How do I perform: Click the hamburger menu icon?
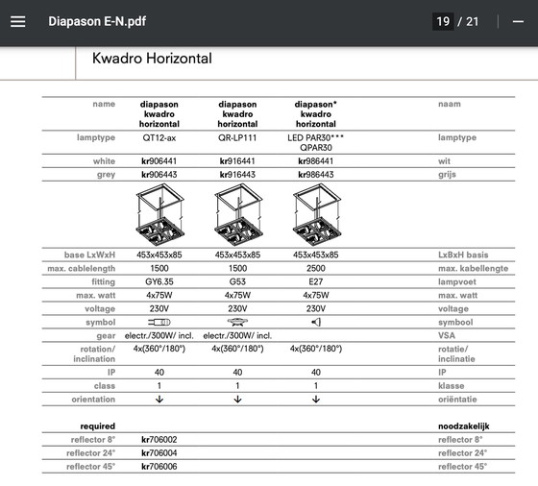(x=17, y=21)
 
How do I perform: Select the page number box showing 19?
(x=443, y=21)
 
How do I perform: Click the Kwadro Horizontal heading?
(x=152, y=59)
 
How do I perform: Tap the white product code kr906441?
(x=159, y=161)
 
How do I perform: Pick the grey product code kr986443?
(x=316, y=175)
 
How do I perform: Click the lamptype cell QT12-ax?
(x=159, y=138)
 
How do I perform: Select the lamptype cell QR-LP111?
(x=237, y=138)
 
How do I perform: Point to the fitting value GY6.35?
(x=159, y=282)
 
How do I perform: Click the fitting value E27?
(x=316, y=282)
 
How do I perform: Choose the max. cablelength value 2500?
(x=316, y=269)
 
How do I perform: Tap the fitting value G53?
(x=237, y=282)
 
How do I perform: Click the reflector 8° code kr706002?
(x=159, y=440)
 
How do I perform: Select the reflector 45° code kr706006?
(x=159, y=467)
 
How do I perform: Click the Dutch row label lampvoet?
(x=457, y=282)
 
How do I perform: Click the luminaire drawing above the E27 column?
(x=317, y=216)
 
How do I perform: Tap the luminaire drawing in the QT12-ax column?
(x=159, y=216)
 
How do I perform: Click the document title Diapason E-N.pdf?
(x=98, y=21)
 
